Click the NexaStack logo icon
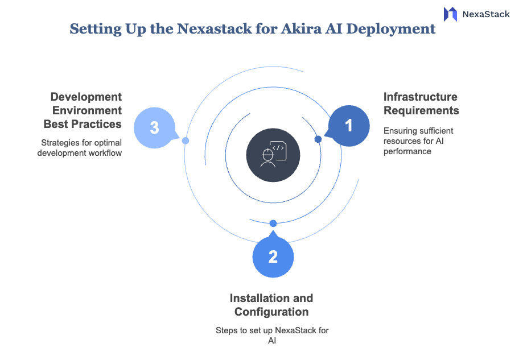click(450, 14)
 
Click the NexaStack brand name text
click(486, 14)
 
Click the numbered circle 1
click(349, 126)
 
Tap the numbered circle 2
click(273, 257)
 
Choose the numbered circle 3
click(154, 127)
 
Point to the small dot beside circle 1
click(318, 139)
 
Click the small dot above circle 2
click(273, 223)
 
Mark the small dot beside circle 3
click(186, 140)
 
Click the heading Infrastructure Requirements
click(421, 104)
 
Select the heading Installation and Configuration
click(271, 305)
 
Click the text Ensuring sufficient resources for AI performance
click(418, 141)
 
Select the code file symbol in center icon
click(278, 148)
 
